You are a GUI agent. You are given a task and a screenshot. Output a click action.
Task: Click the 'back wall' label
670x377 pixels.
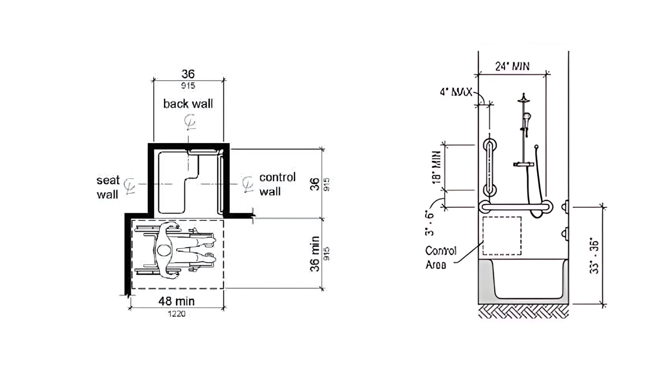click(x=188, y=104)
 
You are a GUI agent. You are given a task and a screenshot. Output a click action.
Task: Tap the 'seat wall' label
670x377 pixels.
click(x=108, y=187)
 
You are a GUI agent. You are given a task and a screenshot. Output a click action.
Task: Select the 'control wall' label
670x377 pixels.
click(x=277, y=184)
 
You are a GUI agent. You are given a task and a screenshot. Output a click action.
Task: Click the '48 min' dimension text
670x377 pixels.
click(x=176, y=301)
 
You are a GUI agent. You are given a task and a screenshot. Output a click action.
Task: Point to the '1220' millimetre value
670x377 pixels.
click(x=177, y=314)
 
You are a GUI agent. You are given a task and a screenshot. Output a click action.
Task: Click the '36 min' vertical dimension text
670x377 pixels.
click(x=315, y=254)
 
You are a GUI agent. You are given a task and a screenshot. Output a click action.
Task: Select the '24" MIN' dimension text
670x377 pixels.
click(x=512, y=66)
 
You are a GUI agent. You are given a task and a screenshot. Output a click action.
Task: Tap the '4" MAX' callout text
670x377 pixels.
click(x=456, y=92)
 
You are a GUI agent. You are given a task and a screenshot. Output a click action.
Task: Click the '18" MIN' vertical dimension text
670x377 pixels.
click(x=436, y=167)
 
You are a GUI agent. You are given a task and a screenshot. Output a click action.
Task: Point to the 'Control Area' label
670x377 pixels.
click(x=440, y=258)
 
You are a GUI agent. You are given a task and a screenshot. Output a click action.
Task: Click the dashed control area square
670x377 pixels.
click(x=502, y=236)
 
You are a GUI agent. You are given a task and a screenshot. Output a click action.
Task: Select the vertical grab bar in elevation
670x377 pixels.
click(x=490, y=168)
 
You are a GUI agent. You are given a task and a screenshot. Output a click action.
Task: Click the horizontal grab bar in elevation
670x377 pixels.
click(x=515, y=207)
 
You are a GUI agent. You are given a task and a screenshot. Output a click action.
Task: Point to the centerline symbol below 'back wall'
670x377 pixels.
click(x=190, y=123)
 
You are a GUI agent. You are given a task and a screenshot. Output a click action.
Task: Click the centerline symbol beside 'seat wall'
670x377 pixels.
click(x=130, y=185)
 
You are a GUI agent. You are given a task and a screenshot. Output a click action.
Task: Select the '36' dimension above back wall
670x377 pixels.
click(x=188, y=74)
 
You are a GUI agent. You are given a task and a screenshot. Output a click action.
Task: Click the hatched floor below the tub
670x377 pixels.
click(x=523, y=311)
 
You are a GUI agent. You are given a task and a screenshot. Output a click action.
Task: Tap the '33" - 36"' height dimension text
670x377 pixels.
click(x=594, y=257)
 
